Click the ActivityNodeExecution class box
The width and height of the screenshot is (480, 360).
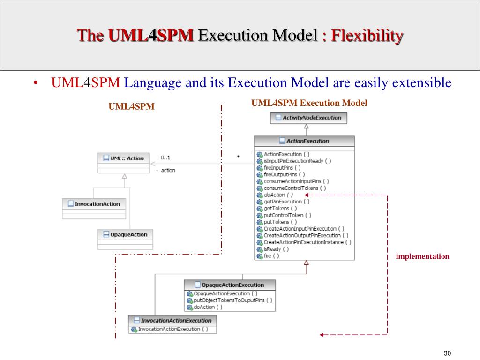309,118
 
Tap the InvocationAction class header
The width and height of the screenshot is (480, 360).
94,203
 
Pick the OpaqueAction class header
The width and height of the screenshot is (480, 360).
125,234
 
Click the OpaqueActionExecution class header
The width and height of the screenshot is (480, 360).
229,285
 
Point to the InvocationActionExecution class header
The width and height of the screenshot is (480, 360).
172,320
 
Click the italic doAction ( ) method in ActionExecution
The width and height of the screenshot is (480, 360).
278,195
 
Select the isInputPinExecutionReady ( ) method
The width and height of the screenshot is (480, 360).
297,161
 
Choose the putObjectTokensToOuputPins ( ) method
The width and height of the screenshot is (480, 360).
232,300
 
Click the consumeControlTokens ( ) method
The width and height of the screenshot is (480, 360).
295,188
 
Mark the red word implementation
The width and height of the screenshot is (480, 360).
422,256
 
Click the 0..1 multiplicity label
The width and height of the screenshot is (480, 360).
165,157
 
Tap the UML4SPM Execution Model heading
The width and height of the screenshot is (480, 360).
309,103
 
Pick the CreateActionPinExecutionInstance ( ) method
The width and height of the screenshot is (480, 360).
307,242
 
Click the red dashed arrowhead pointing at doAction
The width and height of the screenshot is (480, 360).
306,195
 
